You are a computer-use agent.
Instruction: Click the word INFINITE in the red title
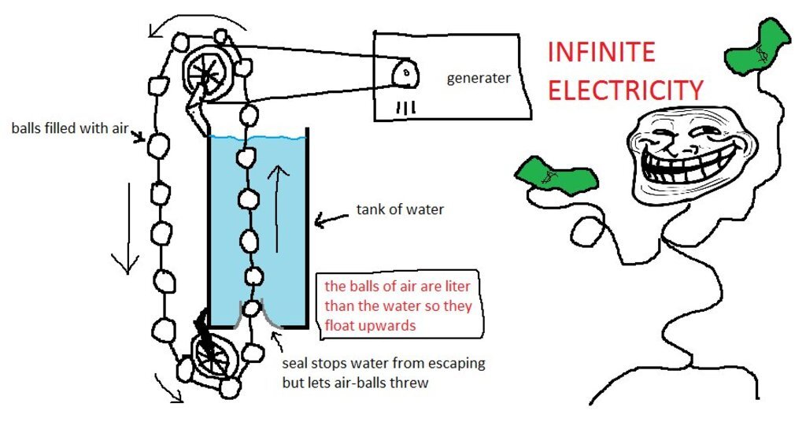pos(601,53)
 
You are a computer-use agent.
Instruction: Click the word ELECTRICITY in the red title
pos(624,90)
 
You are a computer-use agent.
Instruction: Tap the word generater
pos(479,78)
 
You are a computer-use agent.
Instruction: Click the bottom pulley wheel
pos(210,358)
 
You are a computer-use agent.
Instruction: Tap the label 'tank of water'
pos(400,209)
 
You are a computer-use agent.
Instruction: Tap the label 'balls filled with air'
pos(69,128)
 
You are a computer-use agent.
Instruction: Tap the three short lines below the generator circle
pos(405,106)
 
